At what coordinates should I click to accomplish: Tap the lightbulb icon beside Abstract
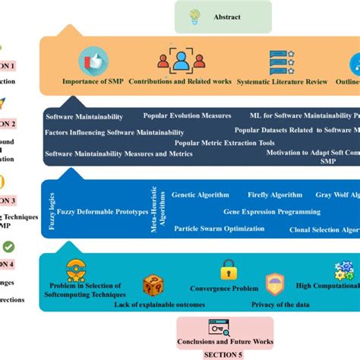(194, 17)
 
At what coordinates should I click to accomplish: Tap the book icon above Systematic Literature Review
(283, 61)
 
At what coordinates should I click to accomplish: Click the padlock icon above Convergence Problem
(228, 269)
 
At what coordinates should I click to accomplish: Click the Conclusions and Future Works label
(226, 342)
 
